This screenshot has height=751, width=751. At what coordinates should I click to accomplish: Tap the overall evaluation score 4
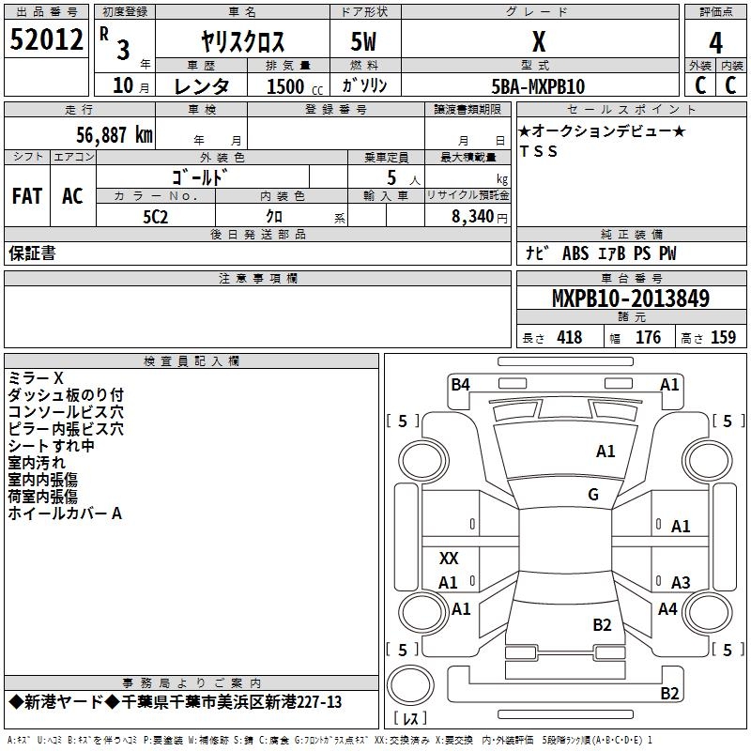(x=716, y=42)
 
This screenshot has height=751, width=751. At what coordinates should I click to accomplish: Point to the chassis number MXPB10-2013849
(x=630, y=299)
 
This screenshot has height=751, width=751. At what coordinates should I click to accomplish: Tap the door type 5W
(x=364, y=42)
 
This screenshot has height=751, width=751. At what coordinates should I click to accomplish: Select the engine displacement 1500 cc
(x=285, y=86)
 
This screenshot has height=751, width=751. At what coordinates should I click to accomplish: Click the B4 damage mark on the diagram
(x=460, y=384)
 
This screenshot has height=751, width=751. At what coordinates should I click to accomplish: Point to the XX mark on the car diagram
(x=449, y=559)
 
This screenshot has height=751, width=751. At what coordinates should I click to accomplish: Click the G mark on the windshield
(x=593, y=495)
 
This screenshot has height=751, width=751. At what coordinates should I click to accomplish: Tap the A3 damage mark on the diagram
(x=681, y=582)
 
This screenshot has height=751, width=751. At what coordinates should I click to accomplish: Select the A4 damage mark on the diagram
(x=667, y=609)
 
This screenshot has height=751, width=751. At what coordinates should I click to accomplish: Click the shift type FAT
(x=27, y=196)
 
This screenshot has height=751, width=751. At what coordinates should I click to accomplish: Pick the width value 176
(x=648, y=338)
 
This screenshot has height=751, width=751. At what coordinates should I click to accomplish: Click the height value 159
(x=723, y=338)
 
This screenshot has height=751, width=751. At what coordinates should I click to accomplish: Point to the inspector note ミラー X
(x=36, y=377)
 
